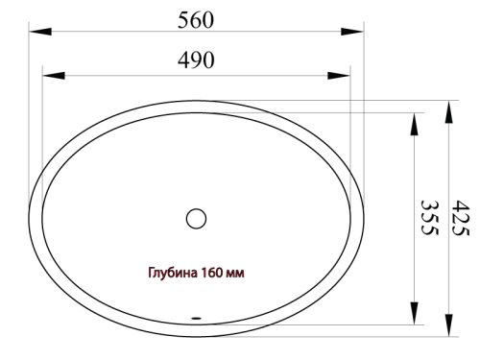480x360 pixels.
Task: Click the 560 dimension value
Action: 196,20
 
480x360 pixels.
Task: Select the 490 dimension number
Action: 196,60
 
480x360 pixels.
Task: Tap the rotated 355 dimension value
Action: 429,218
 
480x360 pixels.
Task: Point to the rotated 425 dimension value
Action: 461,218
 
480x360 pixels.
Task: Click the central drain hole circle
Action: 196,219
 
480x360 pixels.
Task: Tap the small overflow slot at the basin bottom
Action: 196,318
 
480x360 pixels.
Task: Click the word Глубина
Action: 173,273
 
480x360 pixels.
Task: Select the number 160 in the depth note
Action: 211,273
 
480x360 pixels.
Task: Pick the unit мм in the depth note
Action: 235,274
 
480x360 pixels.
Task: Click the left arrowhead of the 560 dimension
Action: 40,32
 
